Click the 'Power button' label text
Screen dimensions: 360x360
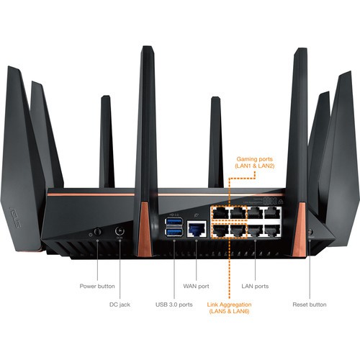96,286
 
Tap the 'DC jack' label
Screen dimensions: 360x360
118,305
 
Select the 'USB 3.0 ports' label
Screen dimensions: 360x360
174,305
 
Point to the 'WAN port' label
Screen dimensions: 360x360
197,286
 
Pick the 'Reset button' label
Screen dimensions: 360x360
310,305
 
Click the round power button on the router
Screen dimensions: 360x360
96,233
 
